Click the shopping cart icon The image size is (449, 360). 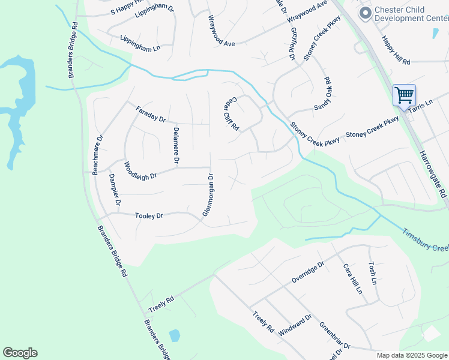[x=404, y=95]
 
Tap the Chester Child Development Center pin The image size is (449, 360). [x=364, y=13]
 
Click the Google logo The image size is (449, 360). [x=20, y=353]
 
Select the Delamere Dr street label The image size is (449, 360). [x=176, y=145]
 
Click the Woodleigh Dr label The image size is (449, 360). [x=140, y=171]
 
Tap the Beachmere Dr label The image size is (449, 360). [x=97, y=155]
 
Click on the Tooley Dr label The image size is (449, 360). [x=149, y=215]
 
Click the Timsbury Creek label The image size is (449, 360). [x=425, y=239]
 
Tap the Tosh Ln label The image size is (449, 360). [x=373, y=272]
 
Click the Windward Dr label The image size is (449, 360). [x=295, y=326]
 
